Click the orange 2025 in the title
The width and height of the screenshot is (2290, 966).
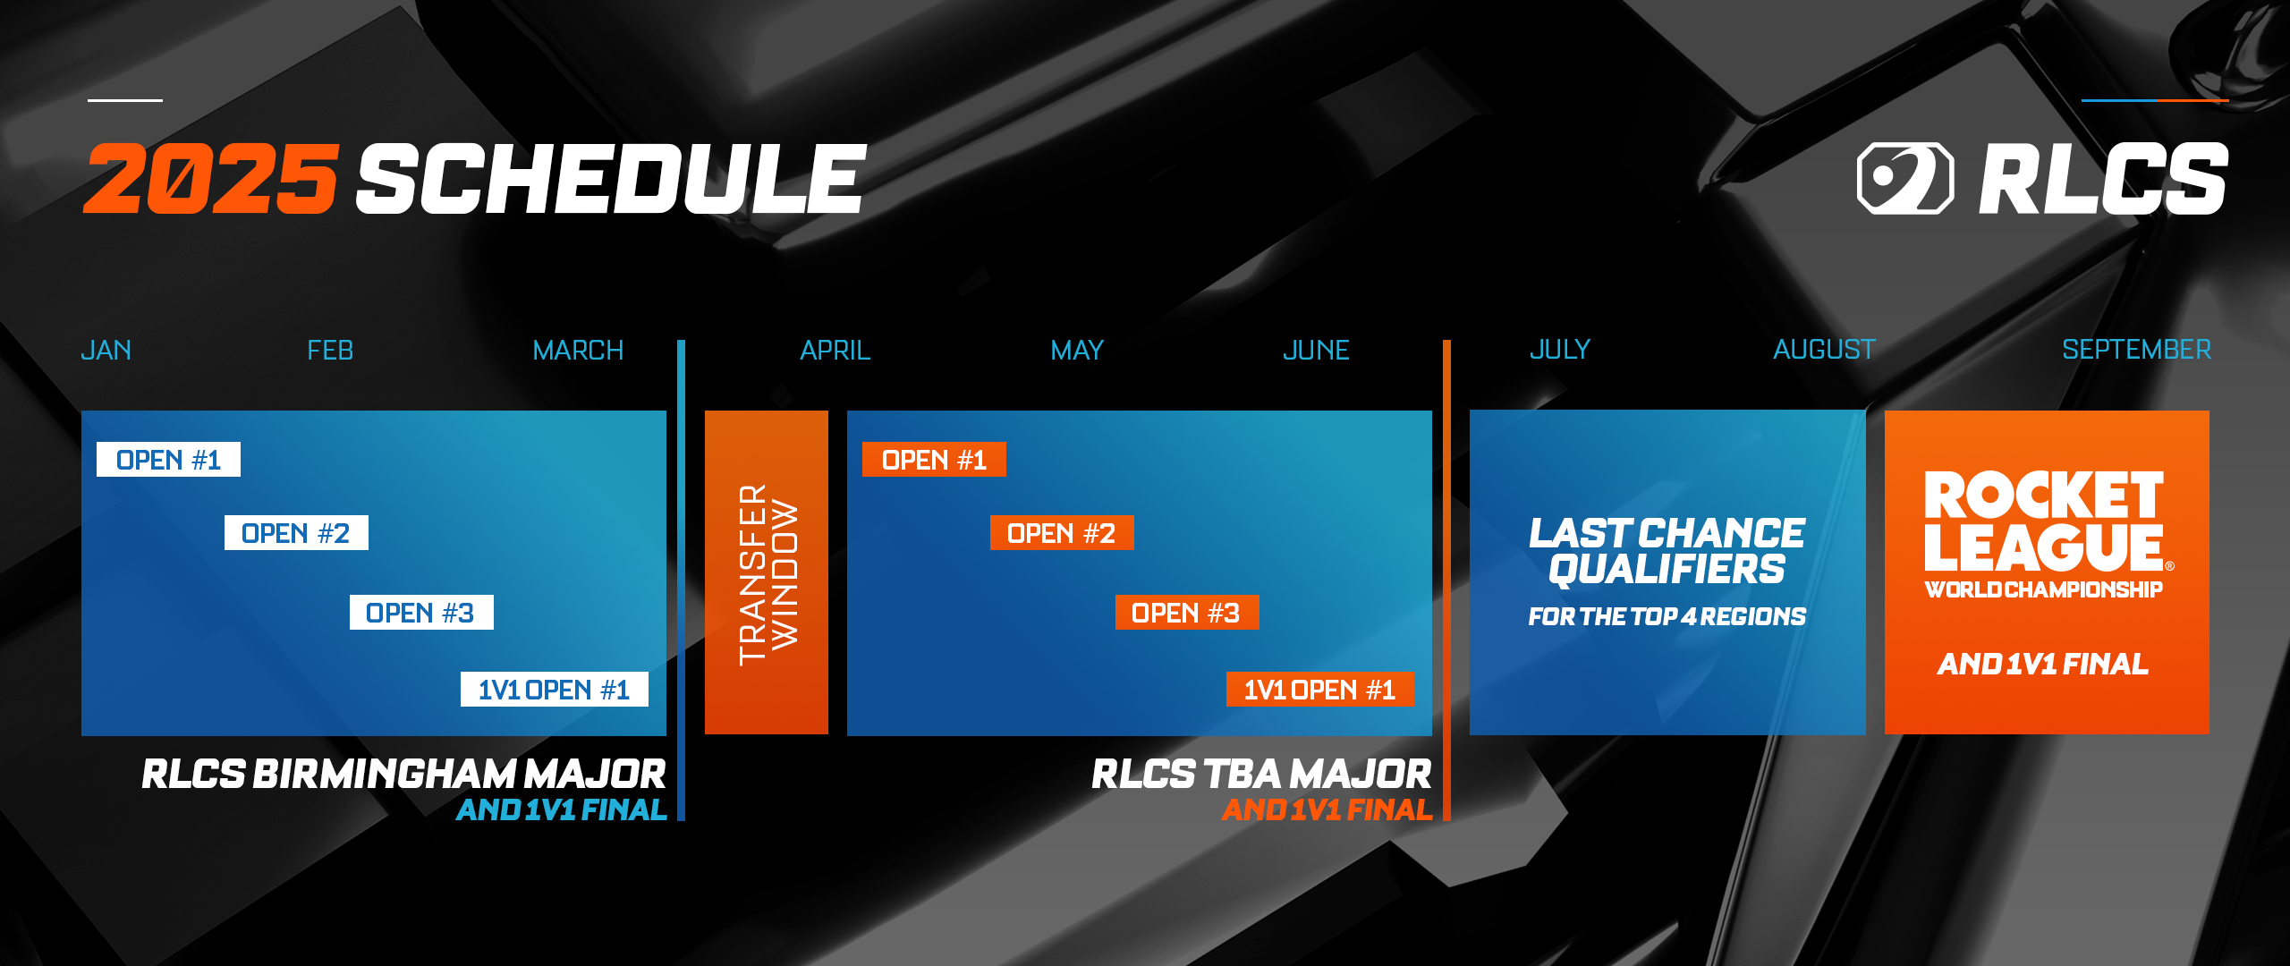click(x=211, y=179)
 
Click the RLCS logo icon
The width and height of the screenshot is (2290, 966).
click(x=1905, y=179)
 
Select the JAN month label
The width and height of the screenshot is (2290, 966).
click(x=106, y=350)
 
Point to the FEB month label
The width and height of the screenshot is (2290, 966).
click(x=330, y=350)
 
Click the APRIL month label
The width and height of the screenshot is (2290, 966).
click(x=835, y=350)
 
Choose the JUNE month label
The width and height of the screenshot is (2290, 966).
click(x=1316, y=350)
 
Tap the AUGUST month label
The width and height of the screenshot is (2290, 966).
click(x=1824, y=349)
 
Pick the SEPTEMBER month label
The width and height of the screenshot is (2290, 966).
click(x=2136, y=349)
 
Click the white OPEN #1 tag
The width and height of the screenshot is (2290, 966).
click(x=168, y=460)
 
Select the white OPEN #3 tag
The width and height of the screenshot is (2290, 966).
click(x=421, y=613)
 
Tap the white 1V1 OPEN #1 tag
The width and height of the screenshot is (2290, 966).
click(x=555, y=690)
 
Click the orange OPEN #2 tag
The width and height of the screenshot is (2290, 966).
click(x=1062, y=533)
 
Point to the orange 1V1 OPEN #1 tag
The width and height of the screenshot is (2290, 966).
click(x=1320, y=690)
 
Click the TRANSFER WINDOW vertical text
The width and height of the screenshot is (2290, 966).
click(x=768, y=575)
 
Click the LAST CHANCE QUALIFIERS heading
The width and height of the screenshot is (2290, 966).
click(x=1667, y=552)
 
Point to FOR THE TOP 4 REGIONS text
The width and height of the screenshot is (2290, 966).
click(x=1667, y=616)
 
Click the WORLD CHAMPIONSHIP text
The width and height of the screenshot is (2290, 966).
click(x=2044, y=589)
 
